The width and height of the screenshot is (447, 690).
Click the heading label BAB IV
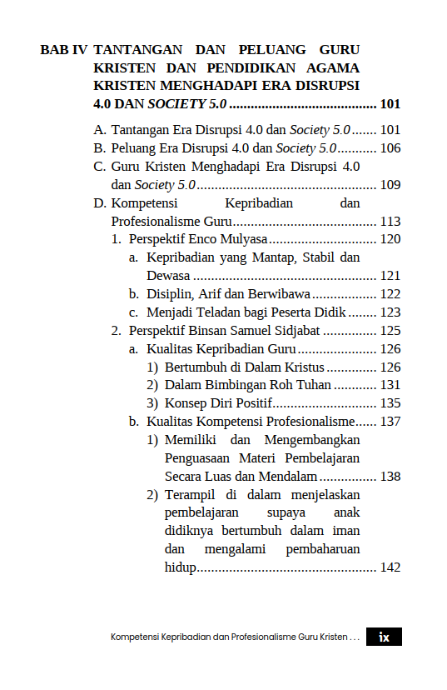pyautogui.click(x=63, y=50)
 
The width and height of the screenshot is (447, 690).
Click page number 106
pyautogui.click(x=390, y=148)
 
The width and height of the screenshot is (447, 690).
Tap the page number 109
pyautogui.click(x=390, y=185)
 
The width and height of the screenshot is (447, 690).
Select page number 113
pyautogui.click(x=390, y=222)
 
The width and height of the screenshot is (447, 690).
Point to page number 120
pyautogui.click(x=390, y=240)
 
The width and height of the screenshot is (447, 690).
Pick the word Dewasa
pyautogui.click(x=168, y=276)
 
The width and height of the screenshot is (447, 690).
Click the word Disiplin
pyautogui.click(x=170, y=294)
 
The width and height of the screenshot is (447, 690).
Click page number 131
pyautogui.click(x=390, y=385)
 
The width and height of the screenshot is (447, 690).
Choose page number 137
pyautogui.click(x=390, y=422)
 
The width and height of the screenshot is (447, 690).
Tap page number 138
pyautogui.click(x=390, y=477)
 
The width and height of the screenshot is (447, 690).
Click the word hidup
pyautogui.click(x=180, y=568)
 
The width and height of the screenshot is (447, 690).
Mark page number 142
pyautogui.click(x=390, y=568)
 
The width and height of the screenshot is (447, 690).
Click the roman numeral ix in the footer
pyautogui.click(x=384, y=637)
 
